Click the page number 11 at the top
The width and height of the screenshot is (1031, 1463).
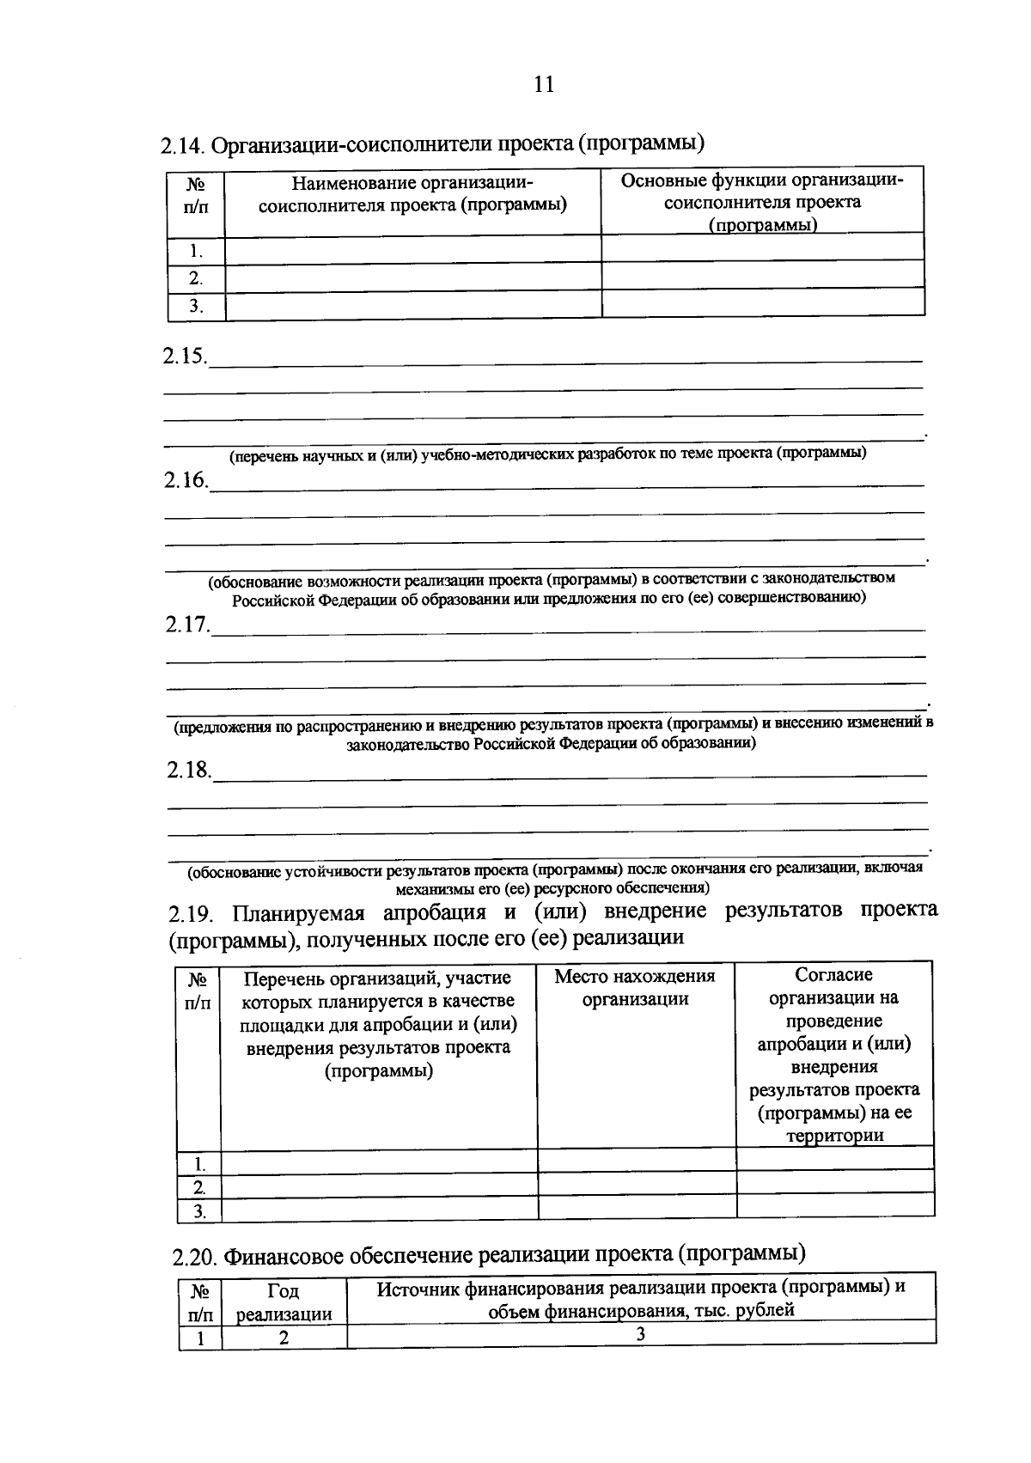point(544,84)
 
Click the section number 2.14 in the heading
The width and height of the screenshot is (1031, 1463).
point(182,146)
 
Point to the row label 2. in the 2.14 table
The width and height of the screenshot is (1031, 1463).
point(196,278)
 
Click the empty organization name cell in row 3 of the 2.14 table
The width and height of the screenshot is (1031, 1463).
point(412,306)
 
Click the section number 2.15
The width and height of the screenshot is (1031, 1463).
point(184,357)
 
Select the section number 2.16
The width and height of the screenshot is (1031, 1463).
point(186,481)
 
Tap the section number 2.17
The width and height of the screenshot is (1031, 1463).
point(187,625)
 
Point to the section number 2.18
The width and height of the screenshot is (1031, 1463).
point(188,771)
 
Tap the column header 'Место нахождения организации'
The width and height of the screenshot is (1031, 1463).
point(635,988)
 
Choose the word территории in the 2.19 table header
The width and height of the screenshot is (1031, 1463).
point(834,1136)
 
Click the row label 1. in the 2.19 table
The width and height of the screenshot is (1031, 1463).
point(199,1165)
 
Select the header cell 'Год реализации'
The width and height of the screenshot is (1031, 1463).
point(284,1302)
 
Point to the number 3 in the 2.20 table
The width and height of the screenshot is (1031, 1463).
point(640,1334)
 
